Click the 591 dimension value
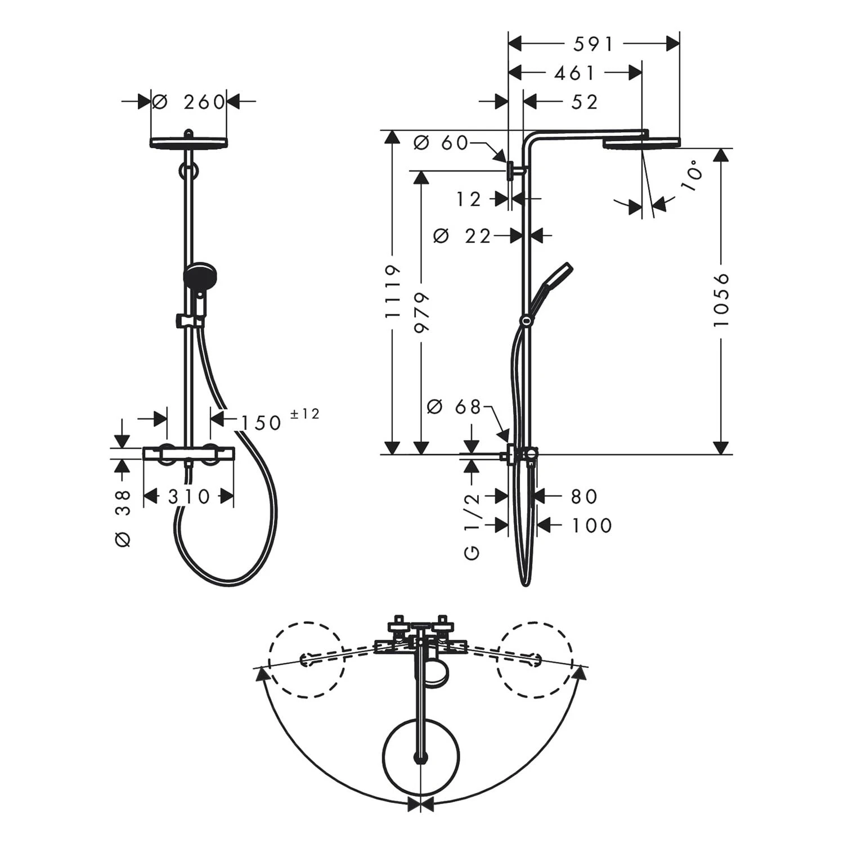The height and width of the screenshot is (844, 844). pyautogui.click(x=593, y=44)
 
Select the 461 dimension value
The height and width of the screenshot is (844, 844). pyautogui.click(x=574, y=73)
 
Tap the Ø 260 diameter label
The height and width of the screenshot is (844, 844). pyautogui.click(x=189, y=102)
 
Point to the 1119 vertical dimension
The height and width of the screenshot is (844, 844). pyautogui.click(x=393, y=291)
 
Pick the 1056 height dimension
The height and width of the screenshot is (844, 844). pyautogui.click(x=720, y=299)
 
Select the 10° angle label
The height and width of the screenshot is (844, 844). pyautogui.click(x=694, y=176)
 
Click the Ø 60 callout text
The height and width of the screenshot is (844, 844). pyautogui.click(x=441, y=143)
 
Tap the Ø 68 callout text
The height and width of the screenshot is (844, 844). pyautogui.click(x=455, y=406)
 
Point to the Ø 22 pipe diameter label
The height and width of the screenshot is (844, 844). pyautogui.click(x=463, y=236)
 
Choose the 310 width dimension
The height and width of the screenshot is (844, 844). pyautogui.click(x=189, y=496)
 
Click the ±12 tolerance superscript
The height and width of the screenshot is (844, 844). pyautogui.click(x=304, y=414)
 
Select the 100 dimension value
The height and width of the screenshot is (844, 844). pyautogui.click(x=592, y=526)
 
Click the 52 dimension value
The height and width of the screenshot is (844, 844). pyautogui.click(x=585, y=102)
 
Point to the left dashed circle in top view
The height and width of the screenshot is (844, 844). pyautogui.click(x=306, y=659)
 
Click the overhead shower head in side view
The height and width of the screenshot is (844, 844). pyautogui.click(x=641, y=143)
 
